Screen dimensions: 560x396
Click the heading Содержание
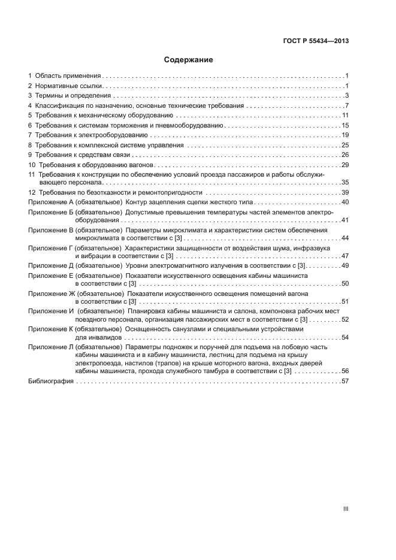[189, 60]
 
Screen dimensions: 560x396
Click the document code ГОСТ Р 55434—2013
[316, 41]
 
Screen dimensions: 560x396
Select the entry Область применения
[68, 77]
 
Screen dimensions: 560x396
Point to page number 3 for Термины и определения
[347, 96]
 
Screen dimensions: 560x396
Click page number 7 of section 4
[347, 106]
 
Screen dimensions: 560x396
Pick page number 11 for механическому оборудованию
[345, 116]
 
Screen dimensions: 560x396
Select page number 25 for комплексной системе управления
[345, 145]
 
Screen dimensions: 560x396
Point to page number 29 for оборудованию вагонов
[345, 165]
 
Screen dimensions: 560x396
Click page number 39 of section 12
[345, 193]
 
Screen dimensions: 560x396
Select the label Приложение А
[50, 202]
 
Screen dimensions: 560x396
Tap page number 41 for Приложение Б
[345, 220]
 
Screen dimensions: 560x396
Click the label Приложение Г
[50, 247]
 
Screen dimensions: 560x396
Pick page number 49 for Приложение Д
[345, 265]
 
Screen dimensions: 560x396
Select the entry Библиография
[50, 382]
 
